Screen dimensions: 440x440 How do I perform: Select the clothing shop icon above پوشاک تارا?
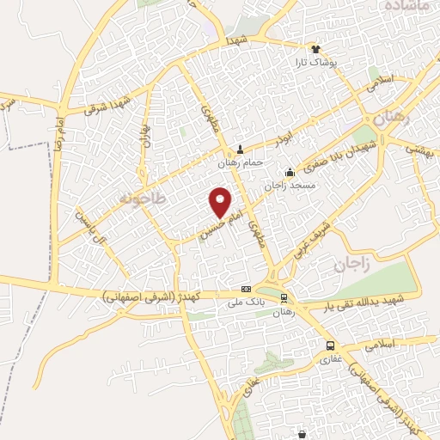(x=316, y=50)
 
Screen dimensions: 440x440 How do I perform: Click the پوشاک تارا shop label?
(x=315, y=63)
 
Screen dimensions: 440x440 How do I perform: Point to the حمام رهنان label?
(x=240, y=162)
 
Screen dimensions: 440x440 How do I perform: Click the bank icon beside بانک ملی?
(x=247, y=289)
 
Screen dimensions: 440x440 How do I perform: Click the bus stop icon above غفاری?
(x=330, y=345)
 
